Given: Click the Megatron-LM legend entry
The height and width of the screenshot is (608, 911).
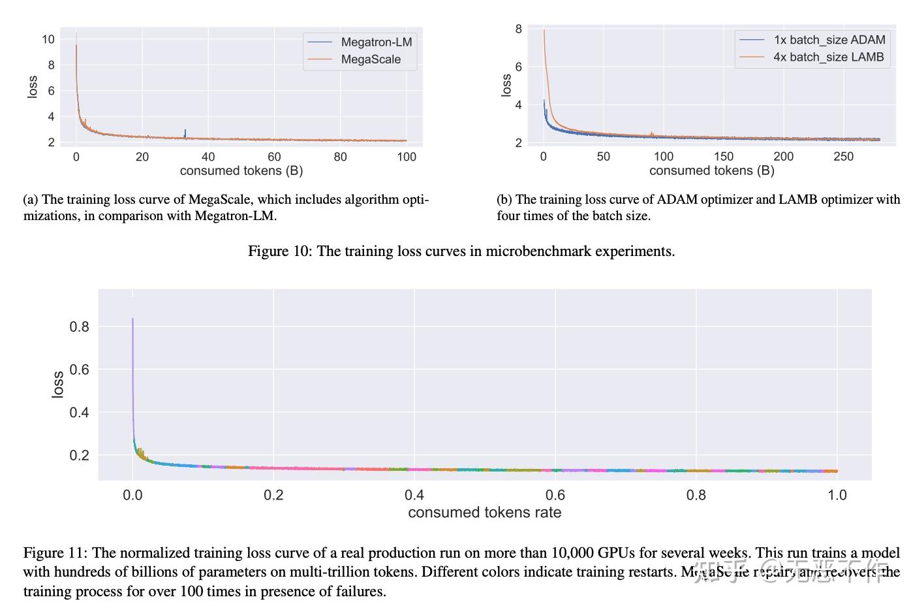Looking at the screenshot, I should coord(376,42).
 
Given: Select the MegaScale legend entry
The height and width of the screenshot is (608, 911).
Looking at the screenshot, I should coord(370,59).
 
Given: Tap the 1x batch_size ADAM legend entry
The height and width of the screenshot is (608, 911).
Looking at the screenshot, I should coord(829,40).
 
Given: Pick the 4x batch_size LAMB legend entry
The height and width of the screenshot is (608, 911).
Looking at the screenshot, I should coord(828,57).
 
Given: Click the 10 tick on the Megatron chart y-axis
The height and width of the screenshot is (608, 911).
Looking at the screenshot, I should coord(48,39).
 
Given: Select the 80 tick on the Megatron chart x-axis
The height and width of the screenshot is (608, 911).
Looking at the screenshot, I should coord(340,157).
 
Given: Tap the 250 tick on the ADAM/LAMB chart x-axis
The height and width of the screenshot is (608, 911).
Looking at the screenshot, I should coord(843,157).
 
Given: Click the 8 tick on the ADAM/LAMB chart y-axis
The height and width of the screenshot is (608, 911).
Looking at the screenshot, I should coord(518,29).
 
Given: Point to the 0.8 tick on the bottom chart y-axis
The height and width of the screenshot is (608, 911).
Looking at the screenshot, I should coord(79,327).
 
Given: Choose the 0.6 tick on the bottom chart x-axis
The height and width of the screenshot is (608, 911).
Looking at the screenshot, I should coord(555,495).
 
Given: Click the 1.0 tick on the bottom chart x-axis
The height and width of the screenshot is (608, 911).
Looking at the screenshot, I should coord(837,495).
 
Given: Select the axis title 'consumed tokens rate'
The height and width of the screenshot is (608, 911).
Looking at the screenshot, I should coord(484,513).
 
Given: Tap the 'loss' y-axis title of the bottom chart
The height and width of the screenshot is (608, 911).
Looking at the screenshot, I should coord(57,385).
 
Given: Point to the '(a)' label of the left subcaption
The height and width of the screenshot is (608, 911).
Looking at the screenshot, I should coord(30,200).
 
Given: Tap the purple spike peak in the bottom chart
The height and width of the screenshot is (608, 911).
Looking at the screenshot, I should coord(132,319).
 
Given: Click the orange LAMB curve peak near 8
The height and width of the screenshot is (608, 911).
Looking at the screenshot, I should coord(544,31).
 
